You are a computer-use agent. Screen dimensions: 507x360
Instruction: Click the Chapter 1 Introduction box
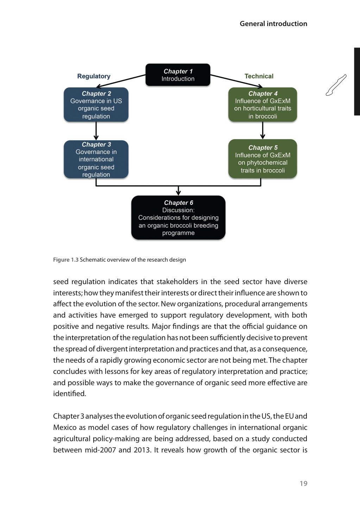178,75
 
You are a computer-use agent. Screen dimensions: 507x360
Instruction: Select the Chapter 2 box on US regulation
96,105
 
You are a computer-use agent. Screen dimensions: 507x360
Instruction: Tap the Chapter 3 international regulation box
96,159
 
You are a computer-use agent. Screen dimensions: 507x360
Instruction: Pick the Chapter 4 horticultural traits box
263,105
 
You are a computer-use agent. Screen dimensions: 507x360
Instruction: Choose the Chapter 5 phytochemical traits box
263,159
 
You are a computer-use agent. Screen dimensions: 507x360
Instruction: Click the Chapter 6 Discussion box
178,218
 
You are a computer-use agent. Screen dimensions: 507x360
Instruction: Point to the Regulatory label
94,76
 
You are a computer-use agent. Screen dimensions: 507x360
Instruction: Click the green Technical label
259,76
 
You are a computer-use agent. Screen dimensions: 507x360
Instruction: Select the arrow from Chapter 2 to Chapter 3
96,131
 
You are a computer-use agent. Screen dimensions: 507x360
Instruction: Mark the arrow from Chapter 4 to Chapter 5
263,131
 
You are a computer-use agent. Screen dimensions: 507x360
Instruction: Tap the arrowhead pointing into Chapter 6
178,192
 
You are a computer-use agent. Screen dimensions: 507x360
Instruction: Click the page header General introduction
273,24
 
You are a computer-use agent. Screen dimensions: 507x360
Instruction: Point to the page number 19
303,483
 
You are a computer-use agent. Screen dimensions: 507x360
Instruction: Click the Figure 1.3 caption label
66,260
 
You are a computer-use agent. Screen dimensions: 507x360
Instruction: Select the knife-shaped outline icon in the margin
336,85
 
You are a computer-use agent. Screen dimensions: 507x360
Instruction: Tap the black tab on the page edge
357,81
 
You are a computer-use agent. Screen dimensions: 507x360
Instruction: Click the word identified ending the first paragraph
69,394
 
